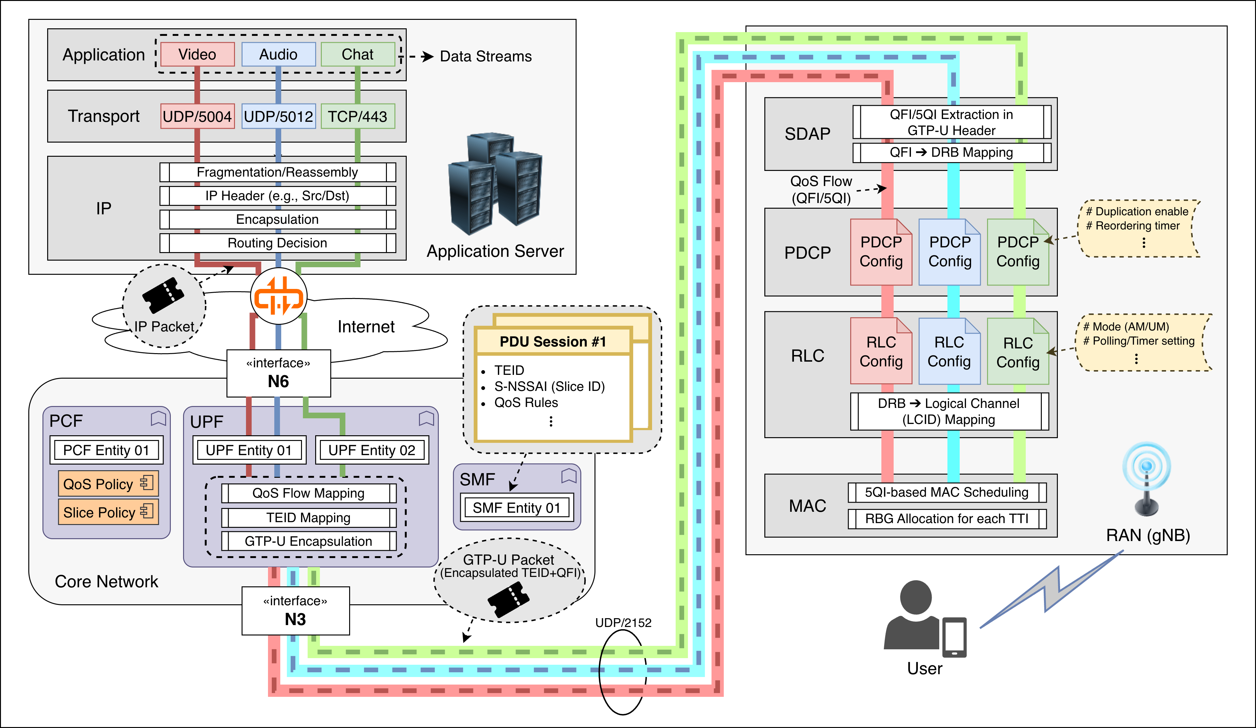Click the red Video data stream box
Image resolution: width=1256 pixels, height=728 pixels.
click(x=197, y=54)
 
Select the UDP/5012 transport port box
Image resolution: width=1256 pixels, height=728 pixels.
click(x=278, y=116)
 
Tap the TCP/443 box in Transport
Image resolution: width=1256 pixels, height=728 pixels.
click(x=357, y=116)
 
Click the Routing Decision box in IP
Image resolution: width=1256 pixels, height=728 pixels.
click(x=278, y=243)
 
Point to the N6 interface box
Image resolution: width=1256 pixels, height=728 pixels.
click(x=278, y=373)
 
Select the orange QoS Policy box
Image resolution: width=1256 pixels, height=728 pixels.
click(x=108, y=484)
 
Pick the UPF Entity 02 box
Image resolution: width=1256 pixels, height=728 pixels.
click(x=372, y=450)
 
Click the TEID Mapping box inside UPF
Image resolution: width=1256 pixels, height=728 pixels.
click(x=308, y=517)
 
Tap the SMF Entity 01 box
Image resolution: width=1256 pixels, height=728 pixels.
click(x=516, y=508)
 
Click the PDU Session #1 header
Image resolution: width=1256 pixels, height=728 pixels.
click(x=553, y=341)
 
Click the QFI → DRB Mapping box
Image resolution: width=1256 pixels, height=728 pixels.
click(x=952, y=153)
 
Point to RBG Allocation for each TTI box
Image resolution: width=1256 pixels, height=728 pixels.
click(x=946, y=519)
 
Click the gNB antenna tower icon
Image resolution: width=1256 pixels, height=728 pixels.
click(x=1146, y=479)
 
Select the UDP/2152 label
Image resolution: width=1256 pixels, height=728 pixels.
click(x=623, y=622)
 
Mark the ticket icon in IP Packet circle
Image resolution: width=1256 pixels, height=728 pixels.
click(x=163, y=295)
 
